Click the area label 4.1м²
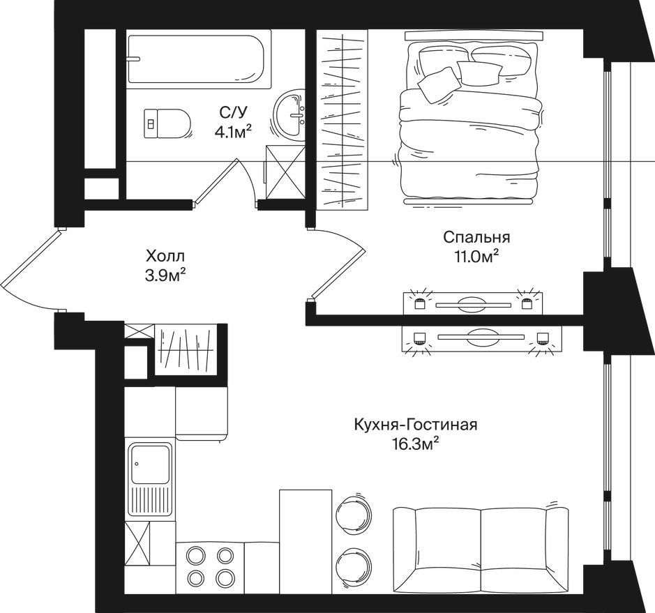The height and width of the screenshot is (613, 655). tap(233, 132)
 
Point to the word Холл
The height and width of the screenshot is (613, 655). tap(165, 255)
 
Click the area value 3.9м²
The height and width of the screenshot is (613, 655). tap(165, 275)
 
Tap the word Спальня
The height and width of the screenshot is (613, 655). tap(476, 237)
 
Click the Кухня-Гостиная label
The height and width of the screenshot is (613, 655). tap(415, 425)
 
